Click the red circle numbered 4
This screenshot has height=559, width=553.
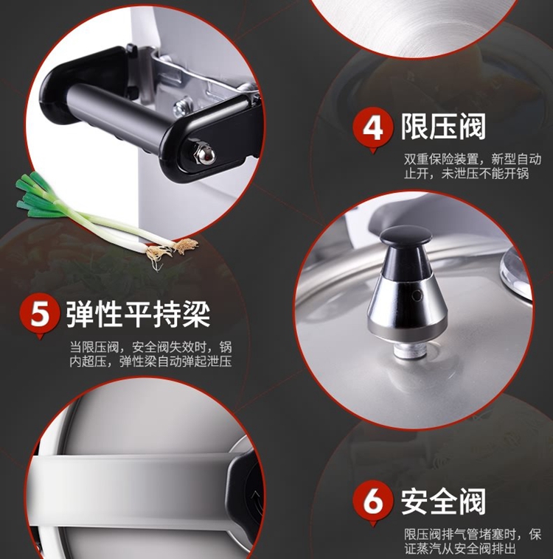click(372, 128)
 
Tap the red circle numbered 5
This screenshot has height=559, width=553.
click(40, 313)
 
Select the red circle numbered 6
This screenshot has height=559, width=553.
click(372, 502)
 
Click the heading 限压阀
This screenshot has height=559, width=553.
click(443, 127)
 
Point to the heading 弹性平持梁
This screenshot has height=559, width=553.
click(138, 314)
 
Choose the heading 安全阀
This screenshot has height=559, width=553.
click(443, 501)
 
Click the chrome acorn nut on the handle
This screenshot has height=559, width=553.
click(204, 155)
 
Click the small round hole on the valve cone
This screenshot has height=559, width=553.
click(417, 295)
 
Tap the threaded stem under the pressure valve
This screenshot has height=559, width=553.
click(409, 350)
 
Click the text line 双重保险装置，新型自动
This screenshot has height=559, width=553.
click(473, 158)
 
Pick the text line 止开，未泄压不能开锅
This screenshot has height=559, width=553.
click(466, 174)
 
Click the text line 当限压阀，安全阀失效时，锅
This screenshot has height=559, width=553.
click(151, 347)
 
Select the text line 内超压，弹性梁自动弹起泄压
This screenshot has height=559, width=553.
click(151, 362)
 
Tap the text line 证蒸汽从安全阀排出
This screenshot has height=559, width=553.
click(460, 549)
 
